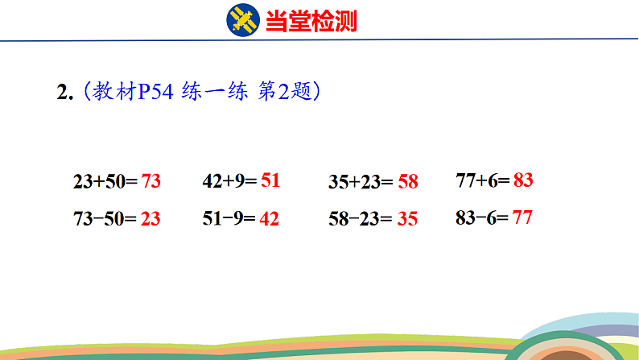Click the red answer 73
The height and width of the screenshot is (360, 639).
(151, 181)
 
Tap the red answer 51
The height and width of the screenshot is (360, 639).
(270, 180)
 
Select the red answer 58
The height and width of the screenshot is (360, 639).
(408, 181)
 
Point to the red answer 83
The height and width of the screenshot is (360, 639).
(523, 180)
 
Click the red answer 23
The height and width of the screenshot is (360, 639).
(150, 217)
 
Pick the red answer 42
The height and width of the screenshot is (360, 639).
(270, 217)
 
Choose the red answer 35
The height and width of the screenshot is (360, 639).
(407, 217)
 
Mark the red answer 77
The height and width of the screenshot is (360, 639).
(522, 217)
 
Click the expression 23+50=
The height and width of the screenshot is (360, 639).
(105, 182)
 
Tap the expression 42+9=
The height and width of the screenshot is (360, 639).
(229, 181)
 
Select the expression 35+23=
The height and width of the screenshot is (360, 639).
(361, 182)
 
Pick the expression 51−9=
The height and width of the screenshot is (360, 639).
(229, 217)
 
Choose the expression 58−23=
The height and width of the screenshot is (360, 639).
(361, 218)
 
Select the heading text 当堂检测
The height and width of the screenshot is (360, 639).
(311, 20)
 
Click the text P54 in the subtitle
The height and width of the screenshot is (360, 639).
(154, 93)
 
